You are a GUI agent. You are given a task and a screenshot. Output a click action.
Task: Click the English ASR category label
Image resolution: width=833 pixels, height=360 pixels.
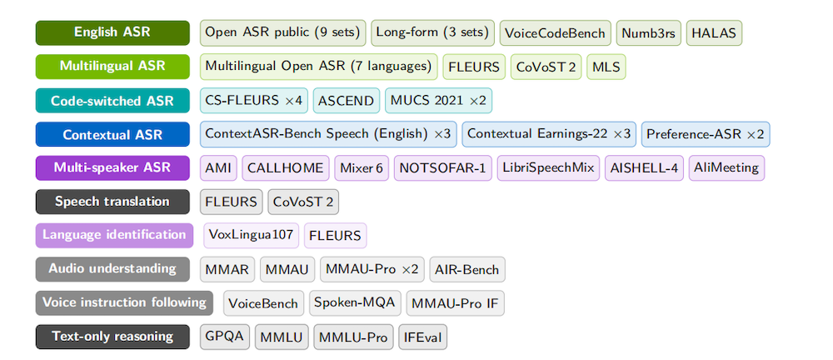coord(112,32)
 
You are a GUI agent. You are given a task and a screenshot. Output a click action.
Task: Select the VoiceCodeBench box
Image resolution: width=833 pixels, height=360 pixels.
coord(555,33)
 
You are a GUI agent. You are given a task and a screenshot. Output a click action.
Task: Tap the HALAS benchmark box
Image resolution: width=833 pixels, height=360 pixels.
coord(714,33)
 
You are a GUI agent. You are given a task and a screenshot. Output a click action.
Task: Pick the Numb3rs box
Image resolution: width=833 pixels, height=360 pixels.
coord(648,33)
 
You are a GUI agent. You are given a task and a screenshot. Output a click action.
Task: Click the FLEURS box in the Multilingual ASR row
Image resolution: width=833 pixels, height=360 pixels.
coord(474,67)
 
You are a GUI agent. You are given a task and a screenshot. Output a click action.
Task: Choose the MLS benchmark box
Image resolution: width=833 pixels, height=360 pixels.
coord(606,67)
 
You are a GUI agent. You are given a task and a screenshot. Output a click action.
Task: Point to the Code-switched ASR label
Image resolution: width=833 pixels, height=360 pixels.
coord(112,101)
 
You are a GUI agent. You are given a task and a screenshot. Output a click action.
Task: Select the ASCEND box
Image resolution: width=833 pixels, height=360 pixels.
coord(347,101)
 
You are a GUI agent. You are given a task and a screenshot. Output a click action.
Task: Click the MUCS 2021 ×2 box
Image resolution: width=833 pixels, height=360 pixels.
coord(438,101)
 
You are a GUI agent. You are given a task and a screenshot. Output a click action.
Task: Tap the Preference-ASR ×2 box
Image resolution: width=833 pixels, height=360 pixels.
coord(706,134)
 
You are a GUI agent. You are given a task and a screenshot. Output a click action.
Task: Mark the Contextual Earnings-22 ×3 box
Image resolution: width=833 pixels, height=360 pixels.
coord(549,134)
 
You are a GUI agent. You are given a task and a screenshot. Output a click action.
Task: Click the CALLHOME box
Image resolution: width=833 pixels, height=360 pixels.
coord(285,168)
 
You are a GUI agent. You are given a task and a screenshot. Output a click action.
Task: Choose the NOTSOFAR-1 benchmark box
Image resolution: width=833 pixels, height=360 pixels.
coord(442,168)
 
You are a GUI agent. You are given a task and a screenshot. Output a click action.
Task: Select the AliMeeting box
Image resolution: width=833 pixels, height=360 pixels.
coord(726,168)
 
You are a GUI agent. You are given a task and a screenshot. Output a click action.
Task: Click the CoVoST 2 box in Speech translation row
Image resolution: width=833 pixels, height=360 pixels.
coord(303,202)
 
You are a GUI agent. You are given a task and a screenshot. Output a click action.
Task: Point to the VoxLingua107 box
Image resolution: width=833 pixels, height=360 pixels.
coord(251,236)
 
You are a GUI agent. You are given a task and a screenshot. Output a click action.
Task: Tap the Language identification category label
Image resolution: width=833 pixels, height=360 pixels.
coord(114,236)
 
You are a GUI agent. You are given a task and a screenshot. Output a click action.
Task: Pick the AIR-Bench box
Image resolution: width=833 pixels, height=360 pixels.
coord(467,270)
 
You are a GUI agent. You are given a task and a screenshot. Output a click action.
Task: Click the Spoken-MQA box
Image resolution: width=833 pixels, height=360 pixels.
coord(354,303)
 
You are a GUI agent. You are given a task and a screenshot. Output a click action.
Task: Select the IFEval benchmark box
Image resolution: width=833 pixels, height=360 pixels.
coord(422,337)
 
